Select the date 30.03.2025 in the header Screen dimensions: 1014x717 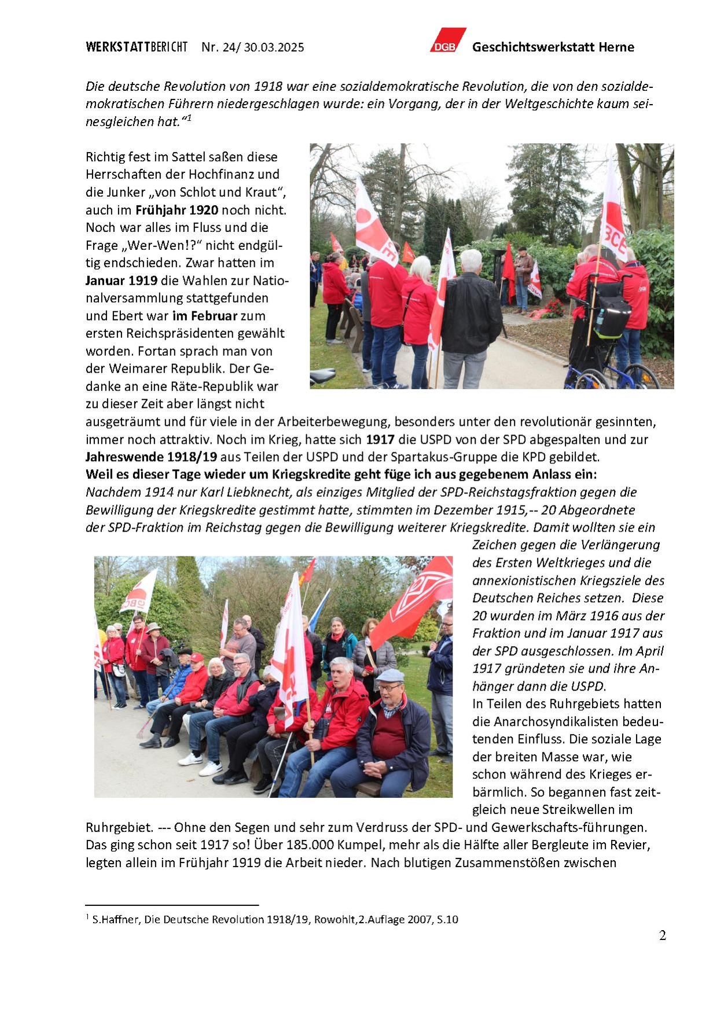click(x=274, y=47)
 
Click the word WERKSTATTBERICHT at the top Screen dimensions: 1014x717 click(x=137, y=47)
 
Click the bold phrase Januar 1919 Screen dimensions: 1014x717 click(x=122, y=281)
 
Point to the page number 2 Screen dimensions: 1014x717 click(x=663, y=936)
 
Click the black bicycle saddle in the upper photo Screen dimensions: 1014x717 click(x=322, y=375)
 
